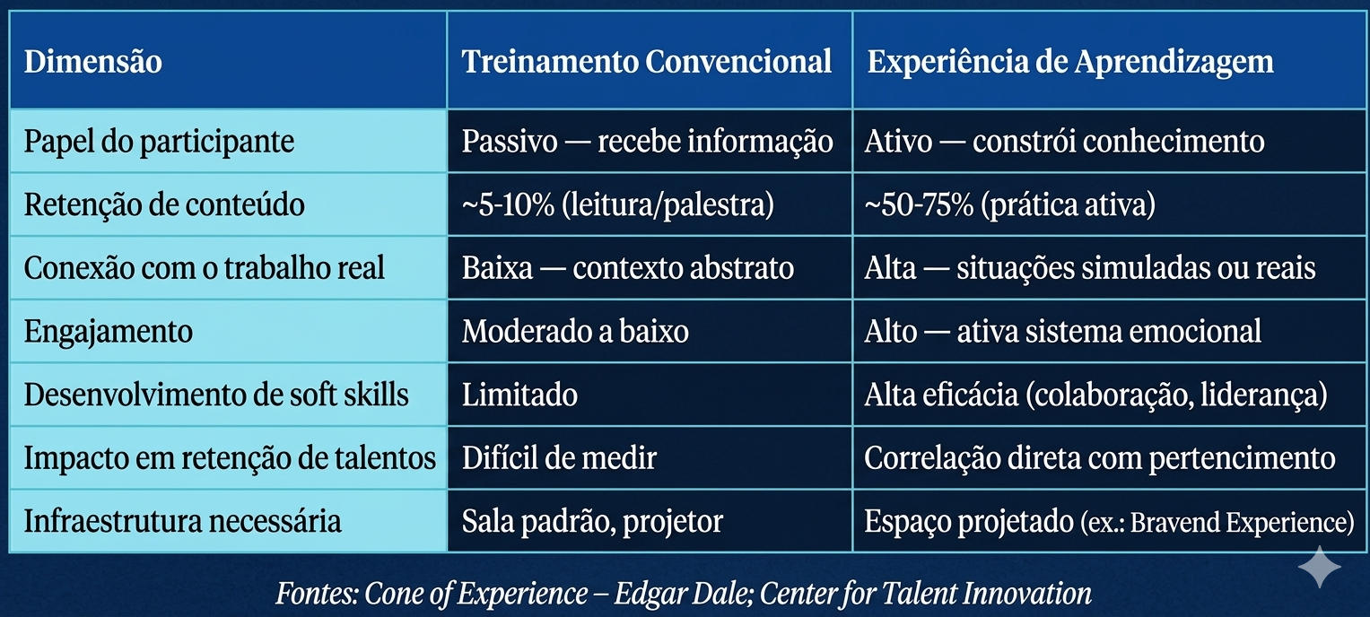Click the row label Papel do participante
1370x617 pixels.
(x=159, y=142)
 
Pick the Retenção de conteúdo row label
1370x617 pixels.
(x=164, y=205)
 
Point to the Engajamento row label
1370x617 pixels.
(x=109, y=332)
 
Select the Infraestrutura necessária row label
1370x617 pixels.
(x=183, y=521)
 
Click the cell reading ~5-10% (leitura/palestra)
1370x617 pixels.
(x=618, y=205)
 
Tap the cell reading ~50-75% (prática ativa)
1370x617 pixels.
(x=1009, y=205)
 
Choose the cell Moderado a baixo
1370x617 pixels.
(x=575, y=332)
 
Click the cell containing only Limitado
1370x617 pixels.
(x=519, y=395)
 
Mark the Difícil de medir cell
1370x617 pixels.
(x=559, y=458)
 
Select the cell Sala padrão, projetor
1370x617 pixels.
(x=592, y=521)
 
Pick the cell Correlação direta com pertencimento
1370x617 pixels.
(x=1100, y=458)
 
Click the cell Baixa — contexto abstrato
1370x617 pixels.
(x=628, y=268)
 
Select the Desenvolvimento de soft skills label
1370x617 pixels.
(x=216, y=395)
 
